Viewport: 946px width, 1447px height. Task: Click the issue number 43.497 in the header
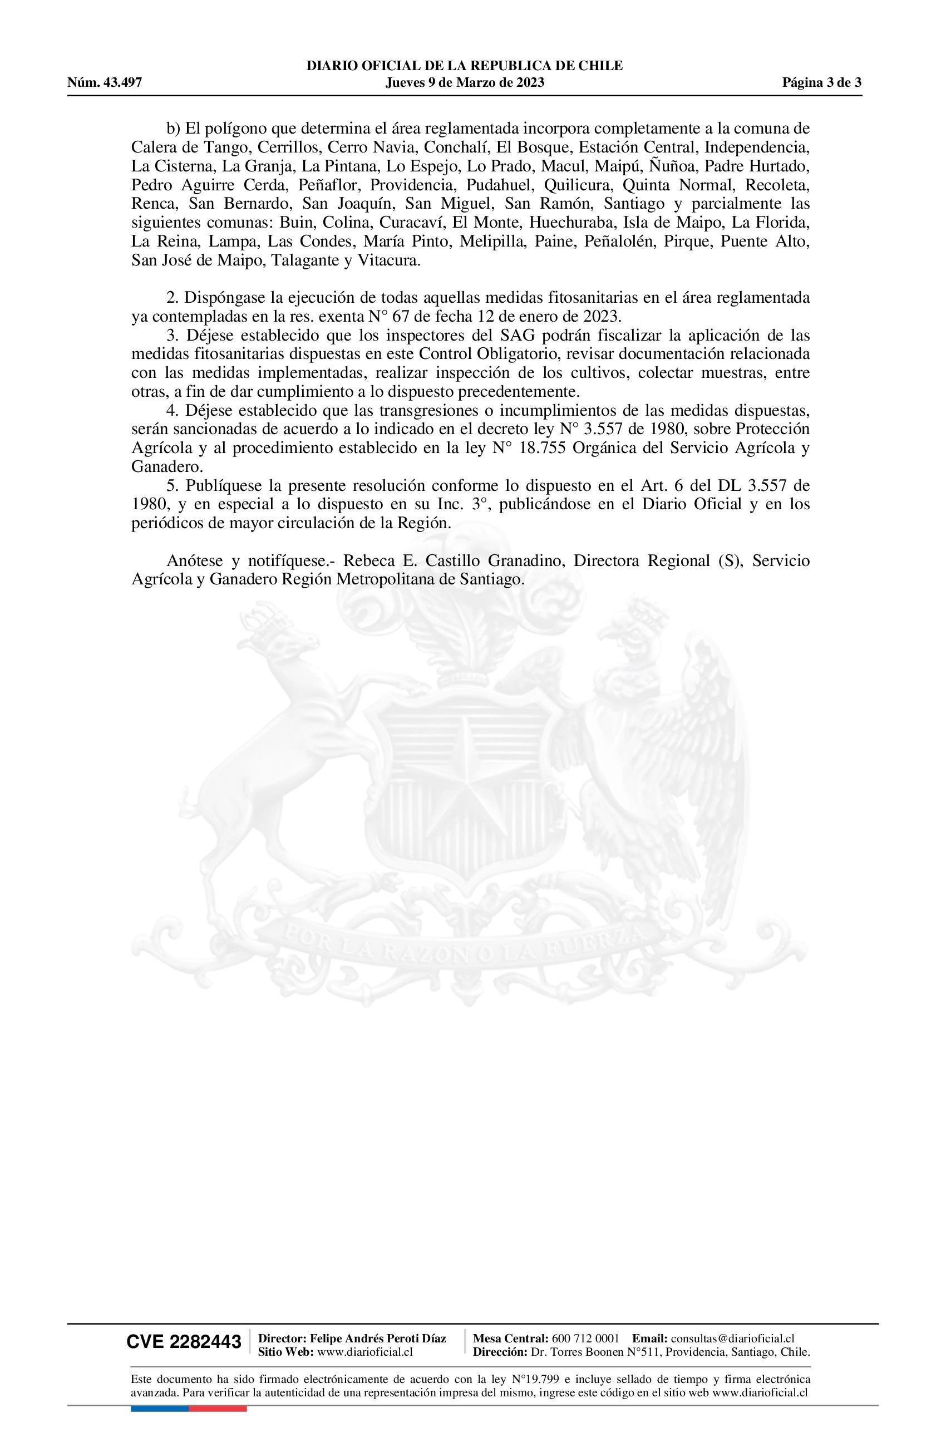[x=122, y=83]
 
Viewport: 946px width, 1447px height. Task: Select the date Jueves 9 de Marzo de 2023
[x=465, y=83]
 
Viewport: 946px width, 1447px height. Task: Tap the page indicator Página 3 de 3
[x=821, y=83]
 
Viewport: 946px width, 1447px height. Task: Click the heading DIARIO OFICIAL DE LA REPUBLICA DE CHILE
[x=465, y=66]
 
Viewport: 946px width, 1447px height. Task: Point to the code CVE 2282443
[x=184, y=1342]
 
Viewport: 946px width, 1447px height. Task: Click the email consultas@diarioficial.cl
[x=733, y=1338]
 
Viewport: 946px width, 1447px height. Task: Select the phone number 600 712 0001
[x=585, y=1338]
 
